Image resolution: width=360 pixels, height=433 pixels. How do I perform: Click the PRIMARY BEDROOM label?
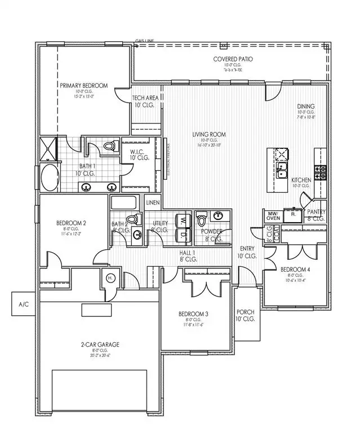click(x=83, y=85)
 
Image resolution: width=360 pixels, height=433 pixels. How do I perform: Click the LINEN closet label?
click(x=153, y=202)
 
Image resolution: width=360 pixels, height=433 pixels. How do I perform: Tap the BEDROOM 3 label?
click(x=194, y=313)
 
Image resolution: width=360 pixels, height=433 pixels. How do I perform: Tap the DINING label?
click(x=306, y=106)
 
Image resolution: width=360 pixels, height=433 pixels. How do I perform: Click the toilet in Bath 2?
click(x=131, y=219)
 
